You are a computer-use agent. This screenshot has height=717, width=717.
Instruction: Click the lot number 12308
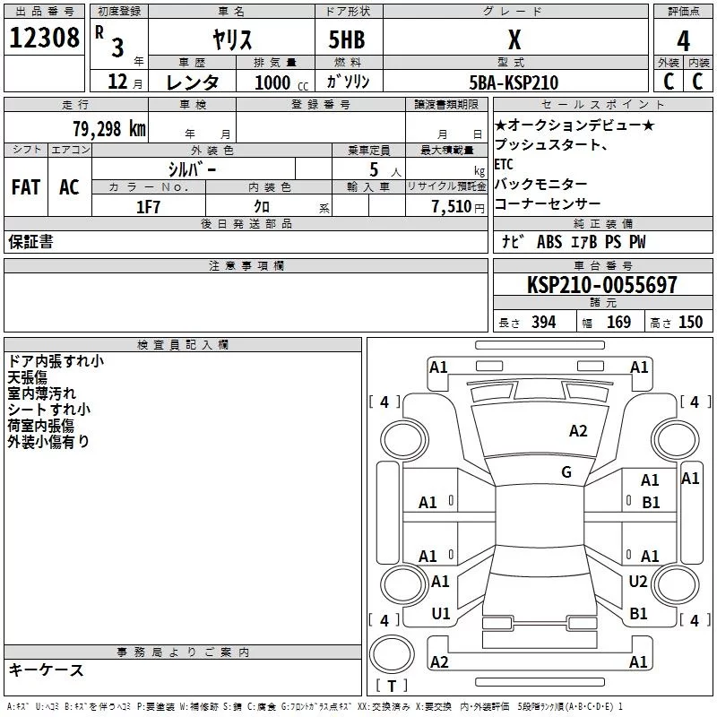[44, 39]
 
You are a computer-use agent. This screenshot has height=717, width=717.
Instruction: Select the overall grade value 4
[683, 41]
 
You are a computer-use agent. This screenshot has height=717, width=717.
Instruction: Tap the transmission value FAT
[26, 187]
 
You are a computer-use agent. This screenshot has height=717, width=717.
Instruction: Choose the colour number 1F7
[148, 207]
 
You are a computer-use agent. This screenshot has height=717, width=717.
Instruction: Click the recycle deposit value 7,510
[452, 207]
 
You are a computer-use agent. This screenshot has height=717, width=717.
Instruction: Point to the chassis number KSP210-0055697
[601, 285]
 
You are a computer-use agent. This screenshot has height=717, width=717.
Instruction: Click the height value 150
[690, 322]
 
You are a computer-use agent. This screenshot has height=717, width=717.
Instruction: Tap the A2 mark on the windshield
[578, 431]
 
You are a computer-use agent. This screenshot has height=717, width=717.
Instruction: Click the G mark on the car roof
[566, 472]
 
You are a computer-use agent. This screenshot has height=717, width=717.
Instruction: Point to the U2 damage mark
[637, 582]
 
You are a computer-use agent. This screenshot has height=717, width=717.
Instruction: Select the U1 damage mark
[440, 614]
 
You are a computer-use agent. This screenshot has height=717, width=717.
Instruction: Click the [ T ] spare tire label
[390, 687]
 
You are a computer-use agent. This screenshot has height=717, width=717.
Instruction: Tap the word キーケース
[46, 670]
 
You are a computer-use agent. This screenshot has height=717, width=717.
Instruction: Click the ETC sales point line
[504, 164]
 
